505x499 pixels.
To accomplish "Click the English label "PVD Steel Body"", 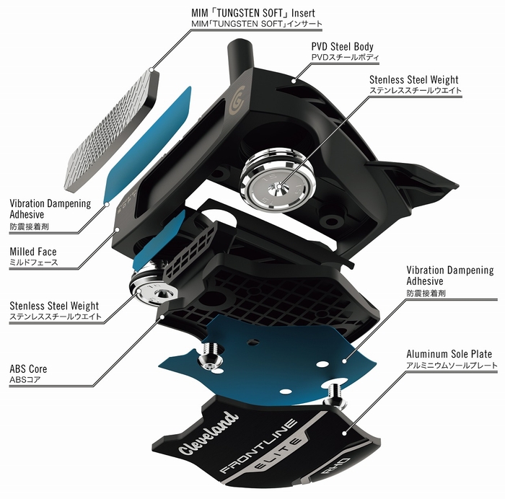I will (341, 47).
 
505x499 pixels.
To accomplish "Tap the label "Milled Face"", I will (34, 252).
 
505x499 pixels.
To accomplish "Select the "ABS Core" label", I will (28, 368).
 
